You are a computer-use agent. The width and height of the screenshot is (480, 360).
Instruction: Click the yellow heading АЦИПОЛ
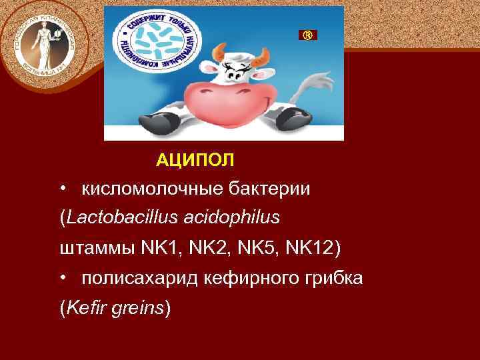(195, 160)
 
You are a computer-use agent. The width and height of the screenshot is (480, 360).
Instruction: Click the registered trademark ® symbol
(307, 35)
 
